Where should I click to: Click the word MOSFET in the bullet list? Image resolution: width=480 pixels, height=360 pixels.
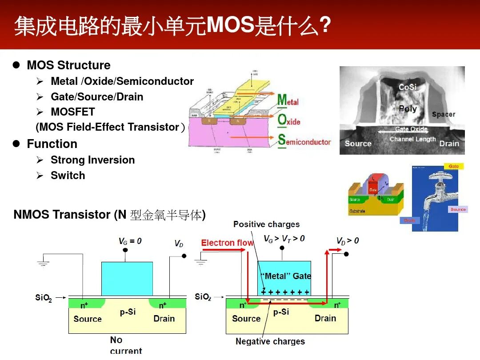point(72,112)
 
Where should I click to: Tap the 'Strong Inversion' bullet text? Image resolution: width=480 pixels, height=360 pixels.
point(92,160)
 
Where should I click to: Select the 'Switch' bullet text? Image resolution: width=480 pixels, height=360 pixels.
point(68,176)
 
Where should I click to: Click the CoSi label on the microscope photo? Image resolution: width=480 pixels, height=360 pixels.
point(407,87)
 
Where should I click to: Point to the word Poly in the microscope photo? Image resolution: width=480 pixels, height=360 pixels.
point(408,108)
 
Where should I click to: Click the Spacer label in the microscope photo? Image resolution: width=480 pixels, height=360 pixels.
point(444,114)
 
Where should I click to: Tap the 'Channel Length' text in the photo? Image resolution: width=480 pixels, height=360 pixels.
point(412,139)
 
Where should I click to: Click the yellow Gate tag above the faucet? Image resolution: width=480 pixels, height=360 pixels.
point(453,166)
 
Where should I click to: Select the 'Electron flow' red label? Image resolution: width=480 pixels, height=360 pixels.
point(227,243)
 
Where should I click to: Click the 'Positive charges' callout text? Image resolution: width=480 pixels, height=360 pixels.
point(266,224)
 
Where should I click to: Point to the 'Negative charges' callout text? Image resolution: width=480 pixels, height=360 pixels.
point(270,341)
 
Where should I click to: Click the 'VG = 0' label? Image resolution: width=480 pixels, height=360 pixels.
point(130,241)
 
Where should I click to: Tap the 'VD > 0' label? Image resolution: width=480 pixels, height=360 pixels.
point(347,240)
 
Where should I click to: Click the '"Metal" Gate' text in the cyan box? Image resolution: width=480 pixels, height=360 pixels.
point(285,276)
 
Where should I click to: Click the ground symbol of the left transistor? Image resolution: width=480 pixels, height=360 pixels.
point(43,263)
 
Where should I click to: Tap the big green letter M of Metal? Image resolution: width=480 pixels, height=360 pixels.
point(282,100)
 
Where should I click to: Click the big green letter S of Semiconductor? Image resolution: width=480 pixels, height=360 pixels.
point(281,140)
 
